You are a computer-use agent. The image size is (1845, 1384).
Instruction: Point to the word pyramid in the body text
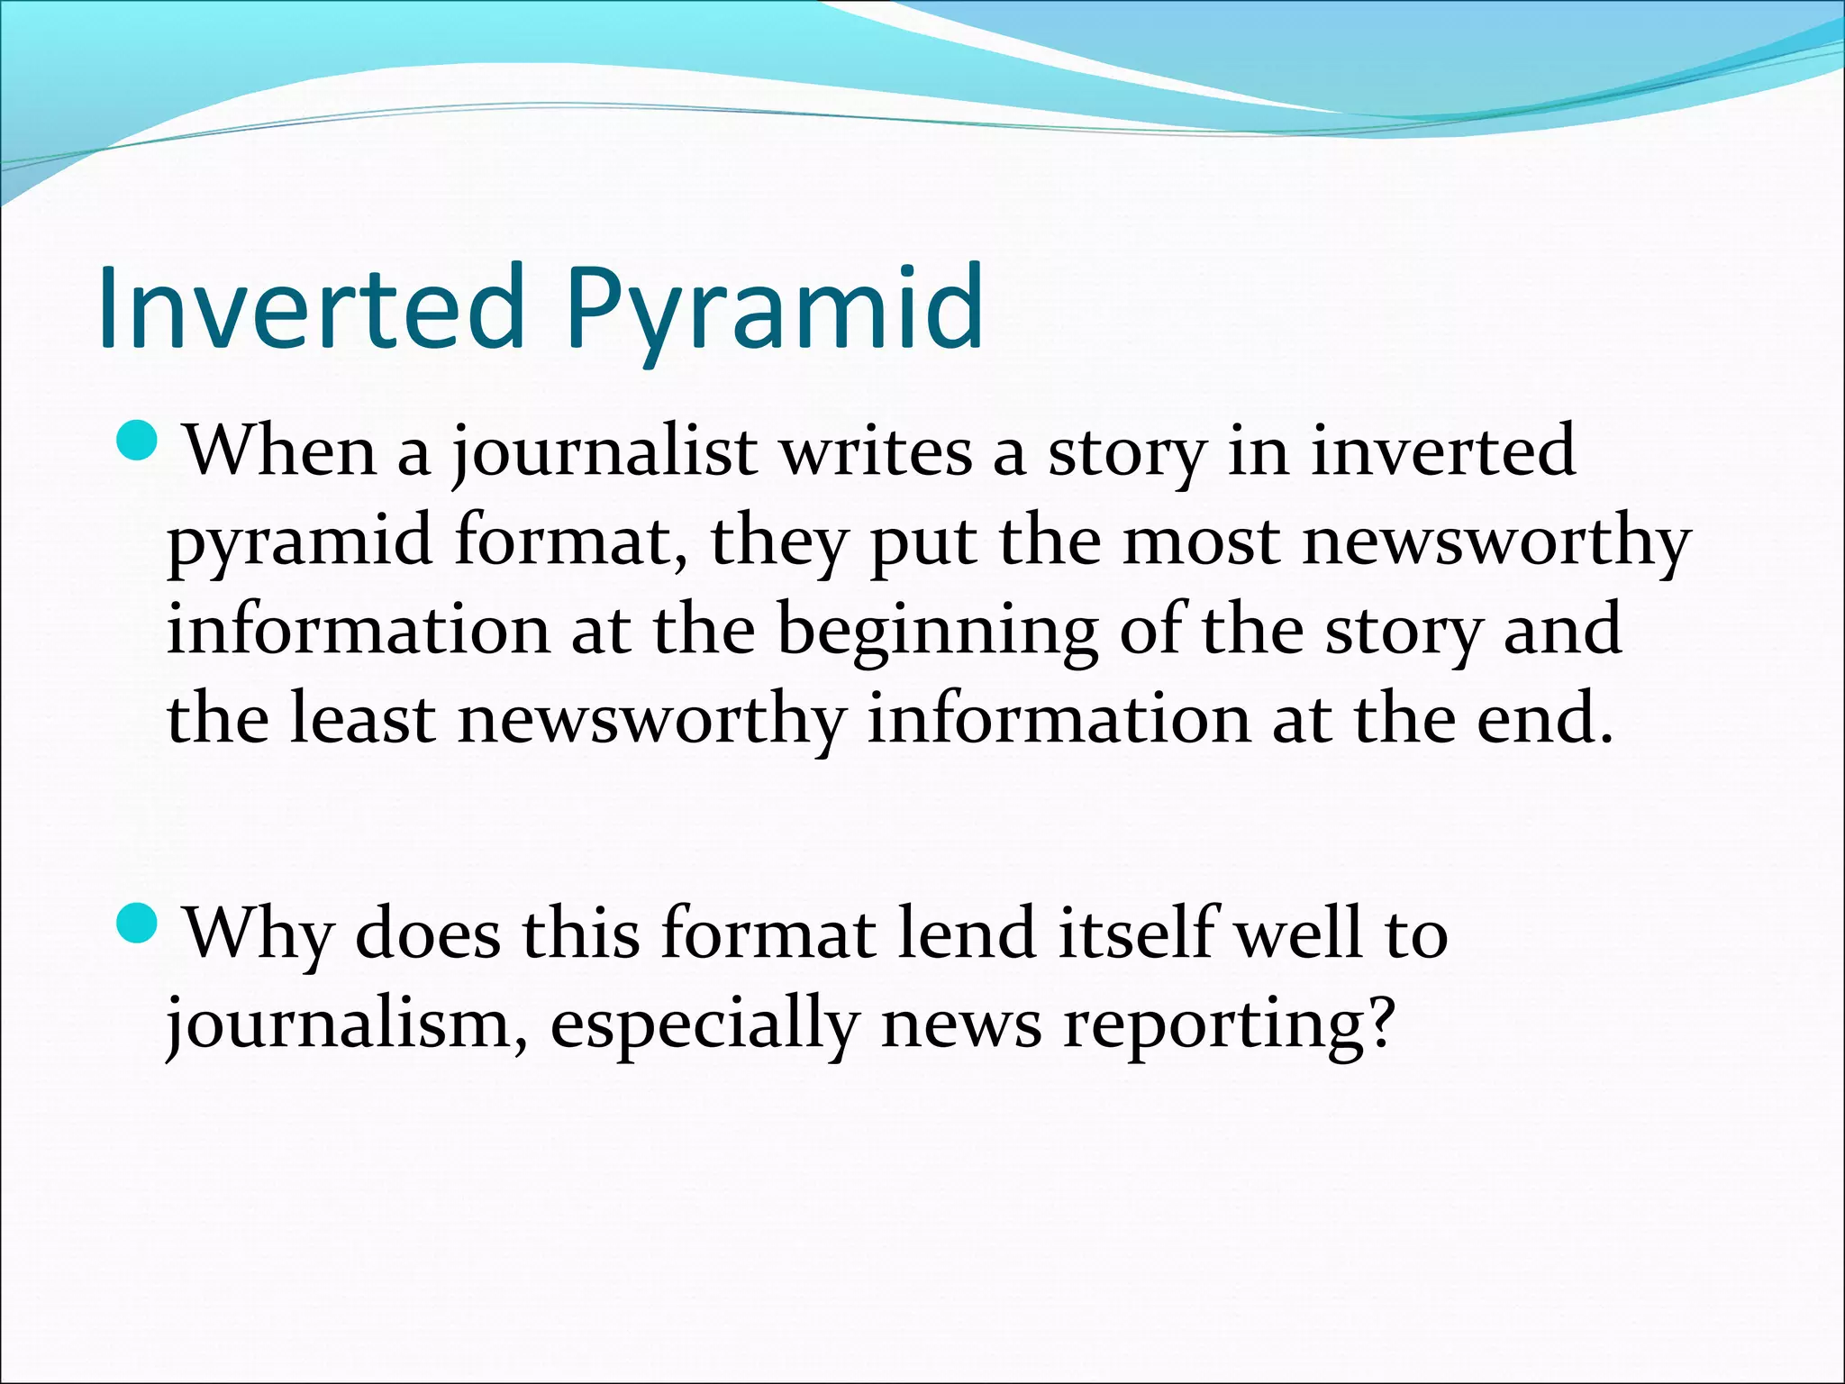(x=299, y=543)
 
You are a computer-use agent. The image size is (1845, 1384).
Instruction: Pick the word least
(x=362, y=720)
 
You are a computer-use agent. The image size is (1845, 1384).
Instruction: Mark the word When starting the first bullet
(x=280, y=451)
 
